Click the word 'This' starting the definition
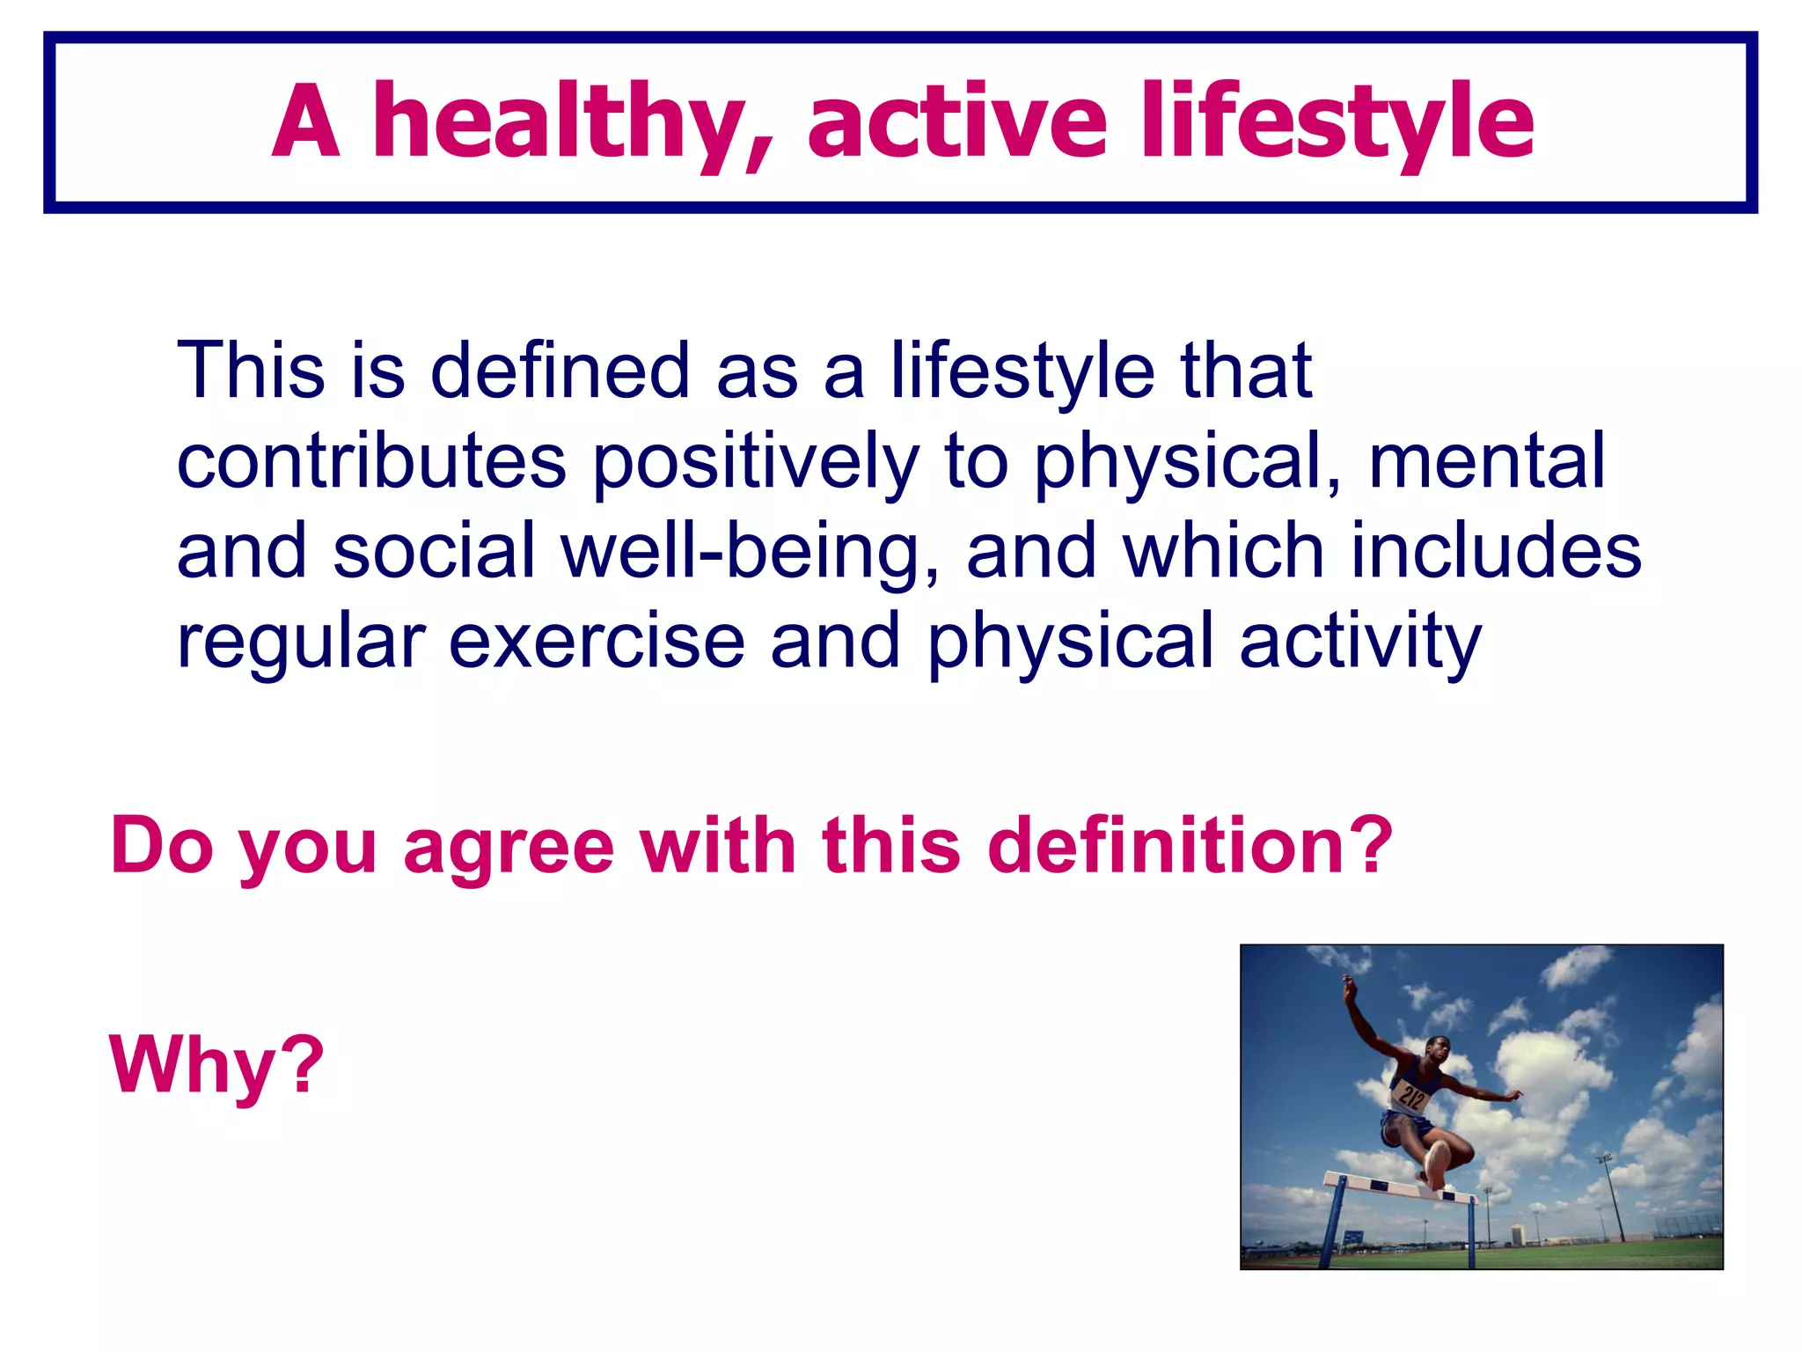pyautogui.click(x=252, y=371)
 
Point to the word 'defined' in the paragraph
pyautogui.click(x=560, y=371)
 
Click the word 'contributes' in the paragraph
pyautogui.click(x=371, y=461)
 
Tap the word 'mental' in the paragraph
pyautogui.click(x=1486, y=461)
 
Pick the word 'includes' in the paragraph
pyautogui.click(x=1496, y=551)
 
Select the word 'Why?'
pyautogui.click(x=216, y=1065)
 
